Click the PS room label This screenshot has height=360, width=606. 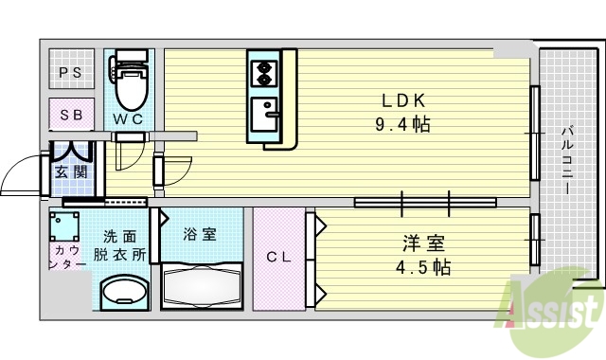point(71,73)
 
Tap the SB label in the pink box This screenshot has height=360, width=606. point(72,115)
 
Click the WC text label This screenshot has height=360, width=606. point(128,119)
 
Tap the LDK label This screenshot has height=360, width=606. point(406,100)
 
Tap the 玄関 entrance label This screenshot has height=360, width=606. point(71,171)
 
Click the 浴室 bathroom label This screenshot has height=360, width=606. point(199,234)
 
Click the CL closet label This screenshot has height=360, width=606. point(277,257)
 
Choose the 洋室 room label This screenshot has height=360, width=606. point(421,243)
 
